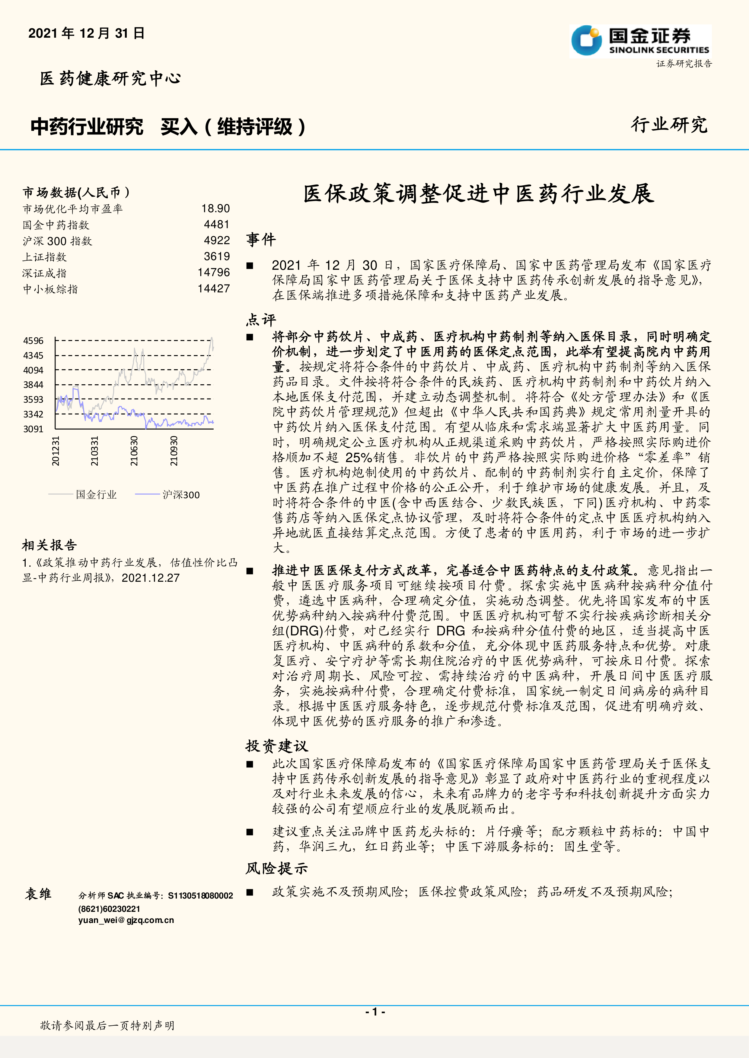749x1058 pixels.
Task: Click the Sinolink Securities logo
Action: [x=640, y=42]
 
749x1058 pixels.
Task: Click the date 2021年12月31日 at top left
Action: [x=86, y=33]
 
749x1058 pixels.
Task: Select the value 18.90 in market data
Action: [x=215, y=209]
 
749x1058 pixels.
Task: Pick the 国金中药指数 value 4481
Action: [x=217, y=224]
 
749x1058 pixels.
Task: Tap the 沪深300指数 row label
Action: [x=57, y=241]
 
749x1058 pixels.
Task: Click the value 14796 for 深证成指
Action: [x=214, y=272]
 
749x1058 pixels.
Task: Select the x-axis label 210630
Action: [x=134, y=451]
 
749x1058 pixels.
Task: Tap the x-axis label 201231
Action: [x=55, y=451]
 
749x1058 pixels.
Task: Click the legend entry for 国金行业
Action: [x=96, y=494]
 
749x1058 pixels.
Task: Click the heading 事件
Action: [x=261, y=240]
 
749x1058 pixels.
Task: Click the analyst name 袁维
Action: [x=38, y=894]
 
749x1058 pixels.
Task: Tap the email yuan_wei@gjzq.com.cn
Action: [x=126, y=920]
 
